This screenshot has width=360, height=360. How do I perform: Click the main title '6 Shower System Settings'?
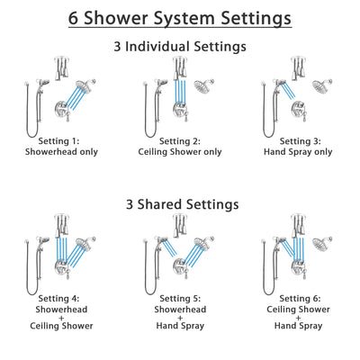[x=180, y=17]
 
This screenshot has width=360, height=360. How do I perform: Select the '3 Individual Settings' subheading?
[x=180, y=47]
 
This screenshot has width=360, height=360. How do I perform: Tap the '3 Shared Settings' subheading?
[x=180, y=204]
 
